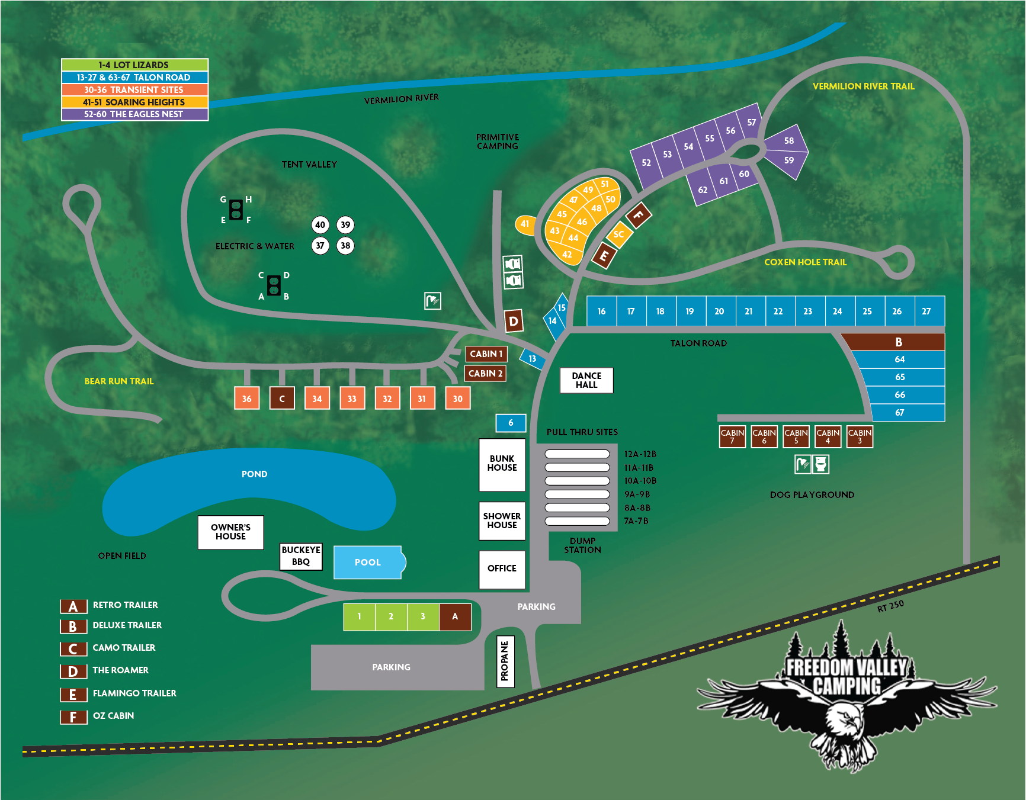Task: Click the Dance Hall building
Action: (x=586, y=380)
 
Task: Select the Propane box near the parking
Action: (x=505, y=661)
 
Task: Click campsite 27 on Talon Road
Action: (x=926, y=311)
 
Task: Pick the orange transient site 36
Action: (x=246, y=399)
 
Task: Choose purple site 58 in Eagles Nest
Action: (x=788, y=141)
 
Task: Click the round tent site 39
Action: (x=345, y=225)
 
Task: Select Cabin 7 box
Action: (x=732, y=436)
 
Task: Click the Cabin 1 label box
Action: (x=486, y=354)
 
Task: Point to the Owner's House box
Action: (x=230, y=532)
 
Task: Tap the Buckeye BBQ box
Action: (x=301, y=556)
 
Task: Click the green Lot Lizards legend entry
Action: (x=134, y=65)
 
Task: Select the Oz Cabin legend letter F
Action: (x=73, y=717)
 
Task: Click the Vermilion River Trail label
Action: (x=863, y=86)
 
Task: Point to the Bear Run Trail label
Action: (x=119, y=381)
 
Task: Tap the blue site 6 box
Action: (x=511, y=423)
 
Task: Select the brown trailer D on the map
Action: (x=514, y=322)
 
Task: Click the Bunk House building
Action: (x=502, y=464)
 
